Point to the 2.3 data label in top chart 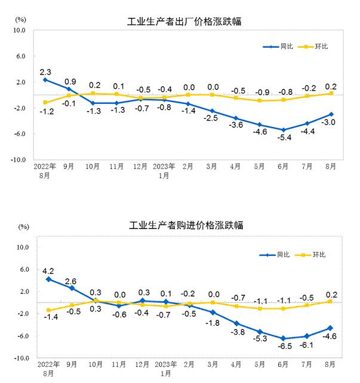[x=45, y=72]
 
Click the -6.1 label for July [x=307, y=344]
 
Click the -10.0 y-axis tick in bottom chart [x=21, y=359]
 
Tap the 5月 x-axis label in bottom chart [x=259, y=363]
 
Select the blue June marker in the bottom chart [x=284, y=338]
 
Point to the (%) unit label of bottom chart [x=24, y=227]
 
